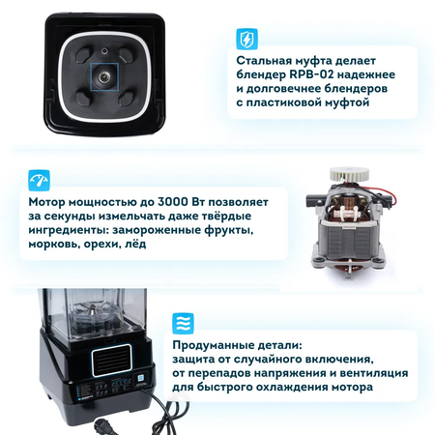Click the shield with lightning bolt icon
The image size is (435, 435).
click(246, 39)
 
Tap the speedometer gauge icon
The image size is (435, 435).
click(39, 181)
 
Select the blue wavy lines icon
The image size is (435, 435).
click(183, 323)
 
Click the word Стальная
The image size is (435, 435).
click(264, 61)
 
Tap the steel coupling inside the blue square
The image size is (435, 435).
click(104, 76)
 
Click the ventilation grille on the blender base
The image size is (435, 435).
click(111, 361)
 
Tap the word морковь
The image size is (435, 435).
click(54, 244)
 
